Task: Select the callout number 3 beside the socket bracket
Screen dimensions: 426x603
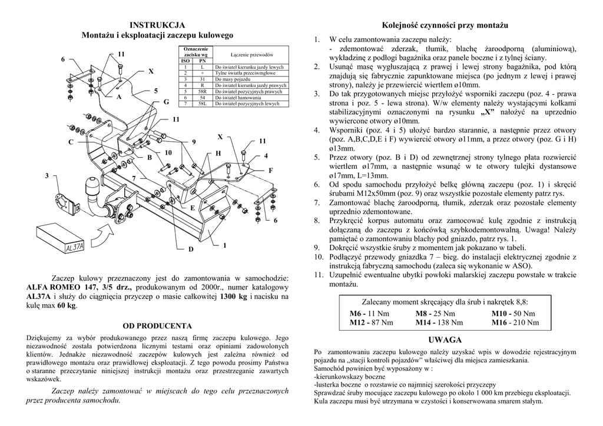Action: coord(47,176)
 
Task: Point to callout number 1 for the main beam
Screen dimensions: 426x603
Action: coord(224,245)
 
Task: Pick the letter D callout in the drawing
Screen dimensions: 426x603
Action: coord(190,249)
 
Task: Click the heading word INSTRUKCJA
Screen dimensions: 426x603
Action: coord(157,25)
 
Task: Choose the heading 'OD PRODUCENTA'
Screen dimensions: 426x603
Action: coord(157,325)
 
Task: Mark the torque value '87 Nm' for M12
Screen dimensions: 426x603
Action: coord(380,322)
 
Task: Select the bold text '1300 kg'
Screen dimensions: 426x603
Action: coord(233,297)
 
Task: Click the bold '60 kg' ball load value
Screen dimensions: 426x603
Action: coord(67,306)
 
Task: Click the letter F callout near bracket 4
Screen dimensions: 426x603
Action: coord(271,169)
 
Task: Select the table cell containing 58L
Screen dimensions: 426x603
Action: coord(203,104)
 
